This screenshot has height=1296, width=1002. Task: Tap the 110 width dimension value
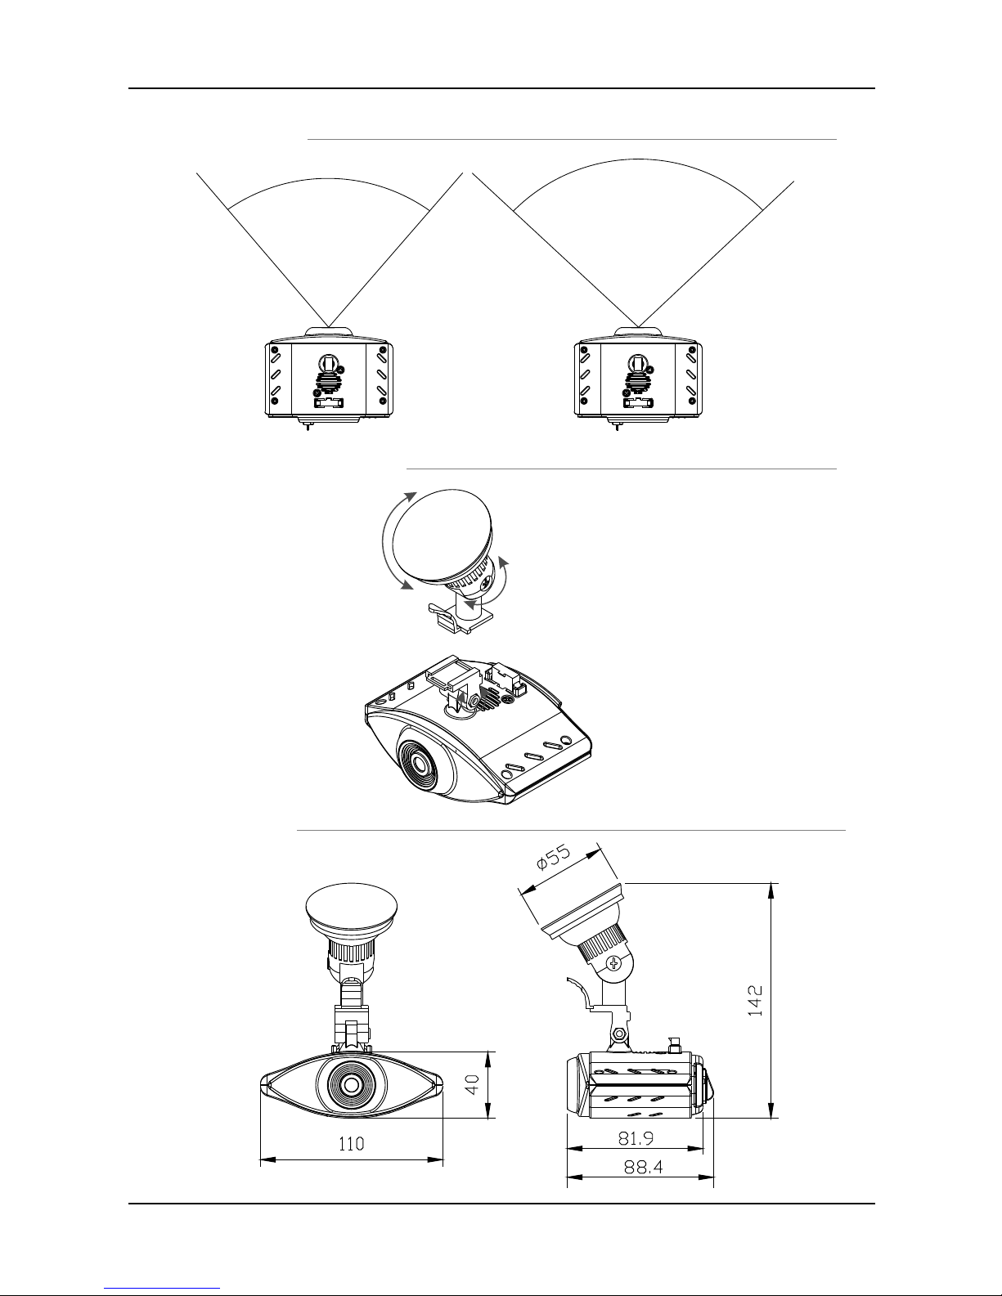tap(351, 1143)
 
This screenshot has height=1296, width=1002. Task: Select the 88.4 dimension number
tap(643, 1166)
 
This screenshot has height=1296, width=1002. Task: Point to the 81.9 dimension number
tap(636, 1138)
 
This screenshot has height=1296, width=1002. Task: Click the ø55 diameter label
tap(554, 857)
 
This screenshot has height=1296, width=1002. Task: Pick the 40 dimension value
tap(472, 1083)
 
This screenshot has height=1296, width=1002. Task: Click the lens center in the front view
tap(351, 1085)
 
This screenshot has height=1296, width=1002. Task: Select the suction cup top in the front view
tap(351, 907)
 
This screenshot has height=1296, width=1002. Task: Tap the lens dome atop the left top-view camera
tap(329, 332)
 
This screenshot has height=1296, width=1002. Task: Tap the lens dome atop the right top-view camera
tap(638, 332)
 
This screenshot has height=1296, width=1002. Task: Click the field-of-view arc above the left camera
tap(329, 178)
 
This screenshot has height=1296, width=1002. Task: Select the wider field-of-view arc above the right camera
tap(638, 159)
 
